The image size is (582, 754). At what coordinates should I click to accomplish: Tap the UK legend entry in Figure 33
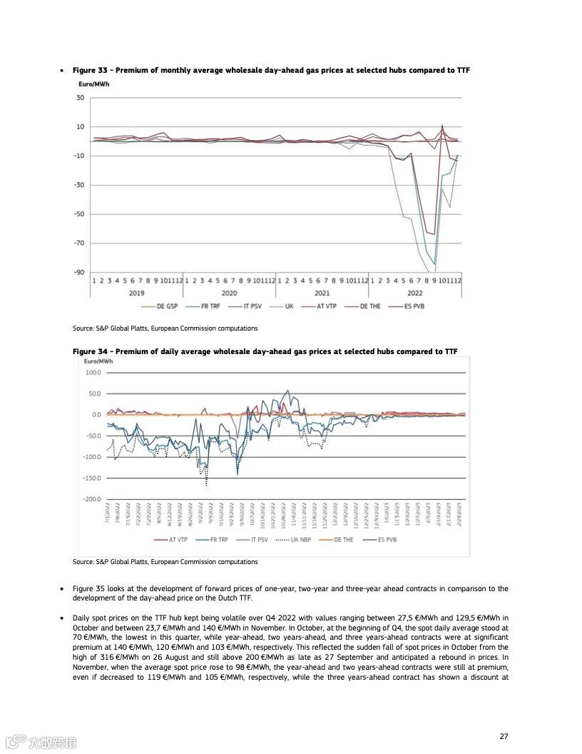(x=285, y=306)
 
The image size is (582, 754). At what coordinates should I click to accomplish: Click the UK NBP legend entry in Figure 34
(x=299, y=540)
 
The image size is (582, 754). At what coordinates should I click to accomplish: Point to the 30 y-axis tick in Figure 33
(x=80, y=98)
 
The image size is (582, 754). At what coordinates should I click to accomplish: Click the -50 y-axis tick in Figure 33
(x=78, y=214)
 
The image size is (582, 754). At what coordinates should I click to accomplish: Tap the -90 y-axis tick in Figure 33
(x=78, y=272)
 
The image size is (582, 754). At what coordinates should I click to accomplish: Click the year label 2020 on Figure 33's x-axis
(x=230, y=293)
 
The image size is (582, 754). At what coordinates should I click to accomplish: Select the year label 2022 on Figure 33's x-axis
(x=415, y=293)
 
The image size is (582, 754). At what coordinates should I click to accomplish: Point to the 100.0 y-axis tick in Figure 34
(x=93, y=373)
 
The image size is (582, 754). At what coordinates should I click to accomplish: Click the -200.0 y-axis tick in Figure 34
(x=92, y=498)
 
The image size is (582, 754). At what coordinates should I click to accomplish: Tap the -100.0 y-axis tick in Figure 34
(x=92, y=457)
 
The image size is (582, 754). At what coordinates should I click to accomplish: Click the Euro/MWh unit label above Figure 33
(x=93, y=84)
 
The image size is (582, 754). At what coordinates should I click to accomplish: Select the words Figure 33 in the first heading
(x=90, y=70)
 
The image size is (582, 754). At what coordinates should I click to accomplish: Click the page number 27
(x=504, y=736)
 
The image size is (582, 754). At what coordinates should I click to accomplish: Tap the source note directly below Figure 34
(x=165, y=562)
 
